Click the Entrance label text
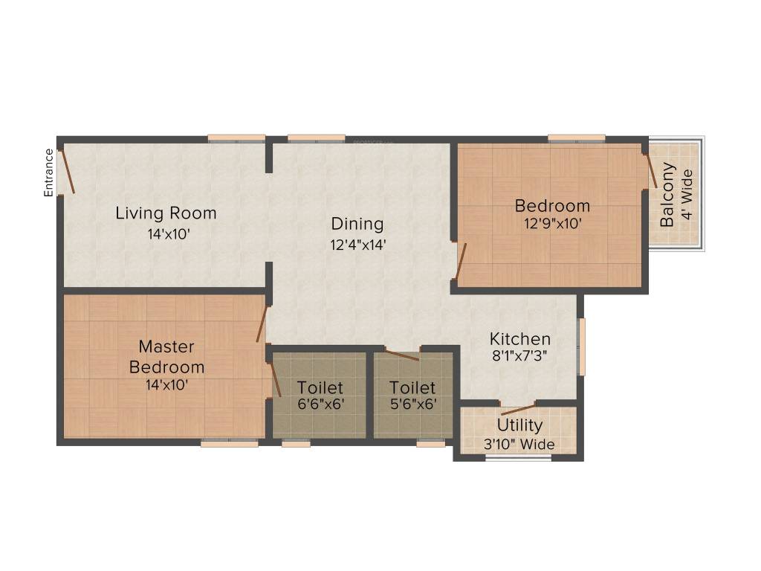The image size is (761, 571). point(49,172)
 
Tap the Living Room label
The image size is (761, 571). point(166,213)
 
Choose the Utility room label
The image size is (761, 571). point(519,426)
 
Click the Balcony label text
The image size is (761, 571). point(667,194)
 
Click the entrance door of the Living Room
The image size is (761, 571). point(67,171)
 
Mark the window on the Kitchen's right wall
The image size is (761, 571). point(582,346)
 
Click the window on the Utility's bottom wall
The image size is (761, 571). point(518,458)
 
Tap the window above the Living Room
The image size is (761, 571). point(236,138)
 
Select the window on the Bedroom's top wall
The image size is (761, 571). point(577,138)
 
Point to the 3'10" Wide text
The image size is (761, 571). point(519,445)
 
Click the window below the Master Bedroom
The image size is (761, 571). point(229,443)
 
